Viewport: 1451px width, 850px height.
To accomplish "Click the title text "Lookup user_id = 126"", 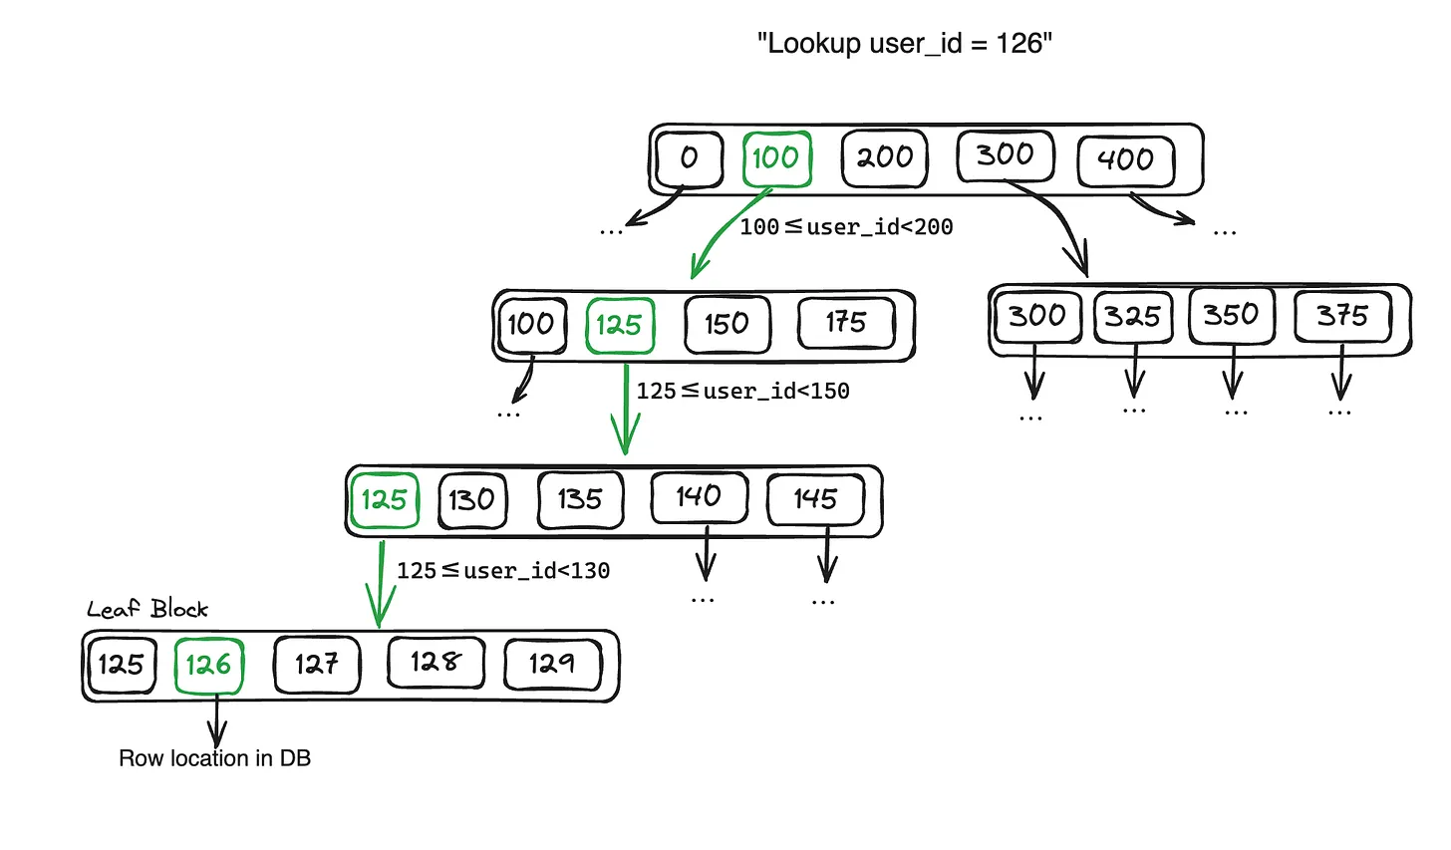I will [x=904, y=44].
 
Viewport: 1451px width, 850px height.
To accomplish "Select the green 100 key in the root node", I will [x=776, y=158].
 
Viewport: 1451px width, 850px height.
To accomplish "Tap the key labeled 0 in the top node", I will [x=689, y=158].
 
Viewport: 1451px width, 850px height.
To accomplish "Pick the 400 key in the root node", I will [x=1126, y=160].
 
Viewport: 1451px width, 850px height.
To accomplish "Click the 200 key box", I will [x=884, y=158].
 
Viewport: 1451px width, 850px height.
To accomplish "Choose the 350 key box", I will [x=1231, y=316].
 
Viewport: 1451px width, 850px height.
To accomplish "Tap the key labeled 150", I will [x=726, y=324].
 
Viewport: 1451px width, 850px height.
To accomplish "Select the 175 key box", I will [x=846, y=323].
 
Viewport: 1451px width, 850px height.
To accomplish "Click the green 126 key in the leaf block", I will [x=208, y=665].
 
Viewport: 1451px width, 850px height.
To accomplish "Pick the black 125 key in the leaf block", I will [x=121, y=665].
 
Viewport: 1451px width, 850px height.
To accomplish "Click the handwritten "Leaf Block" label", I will [x=147, y=609].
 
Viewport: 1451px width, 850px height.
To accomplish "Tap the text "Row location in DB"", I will [x=214, y=758].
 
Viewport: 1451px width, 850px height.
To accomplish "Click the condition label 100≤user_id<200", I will [x=846, y=227].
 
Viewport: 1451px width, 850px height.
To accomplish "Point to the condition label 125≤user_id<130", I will [x=503, y=571].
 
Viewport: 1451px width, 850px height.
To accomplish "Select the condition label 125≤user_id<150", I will [x=742, y=392].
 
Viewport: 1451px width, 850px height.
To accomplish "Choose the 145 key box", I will [x=815, y=499].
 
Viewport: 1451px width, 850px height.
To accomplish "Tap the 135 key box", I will [x=580, y=499].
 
